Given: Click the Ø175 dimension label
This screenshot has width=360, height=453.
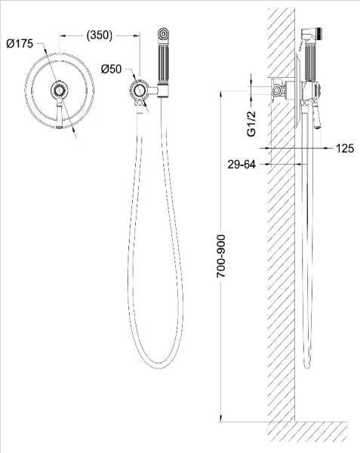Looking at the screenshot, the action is point(20,45).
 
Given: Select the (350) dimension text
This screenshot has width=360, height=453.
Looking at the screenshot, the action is point(100,35).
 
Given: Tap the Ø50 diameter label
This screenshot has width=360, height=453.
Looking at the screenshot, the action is point(111,69).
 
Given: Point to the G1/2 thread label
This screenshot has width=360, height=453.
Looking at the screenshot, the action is point(251,124).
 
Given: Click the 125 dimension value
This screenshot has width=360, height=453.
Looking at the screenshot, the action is point(345,149).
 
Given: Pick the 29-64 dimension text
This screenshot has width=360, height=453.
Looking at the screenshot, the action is point(242,165).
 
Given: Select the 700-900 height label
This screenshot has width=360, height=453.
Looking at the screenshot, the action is point(221,256).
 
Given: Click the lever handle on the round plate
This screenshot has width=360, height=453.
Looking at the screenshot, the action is point(59,113).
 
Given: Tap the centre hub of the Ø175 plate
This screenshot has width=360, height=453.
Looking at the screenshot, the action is point(59,89).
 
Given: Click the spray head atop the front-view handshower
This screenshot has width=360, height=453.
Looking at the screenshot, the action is point(163,33).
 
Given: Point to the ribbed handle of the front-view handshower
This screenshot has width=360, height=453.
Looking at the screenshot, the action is point(163,64).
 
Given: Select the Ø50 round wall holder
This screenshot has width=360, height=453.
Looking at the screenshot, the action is point(140,90).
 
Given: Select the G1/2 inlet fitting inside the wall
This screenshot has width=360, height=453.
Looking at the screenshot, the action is point(277,90).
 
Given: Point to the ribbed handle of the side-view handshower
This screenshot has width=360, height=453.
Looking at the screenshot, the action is point(311,64).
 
